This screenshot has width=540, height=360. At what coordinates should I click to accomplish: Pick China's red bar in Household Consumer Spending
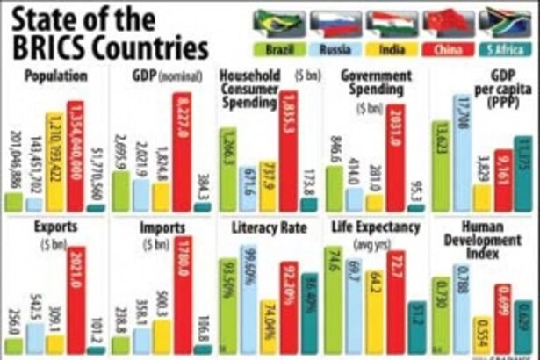point(289,149)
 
